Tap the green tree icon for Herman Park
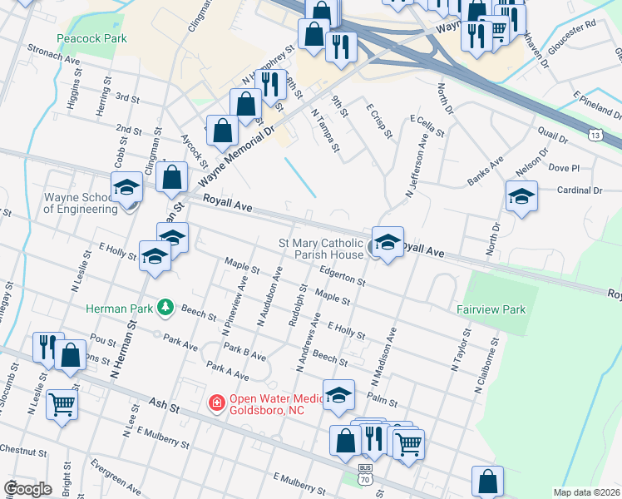click(x=165, y=309)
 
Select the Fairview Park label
click(x=491, y=309)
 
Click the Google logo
click(x=27, y=488)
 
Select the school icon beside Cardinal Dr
click(x=521, y=197)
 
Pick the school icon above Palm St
click(x=338, y=395)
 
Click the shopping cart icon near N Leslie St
click(x=62, y=404)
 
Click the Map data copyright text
click(x=586, y=492)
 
